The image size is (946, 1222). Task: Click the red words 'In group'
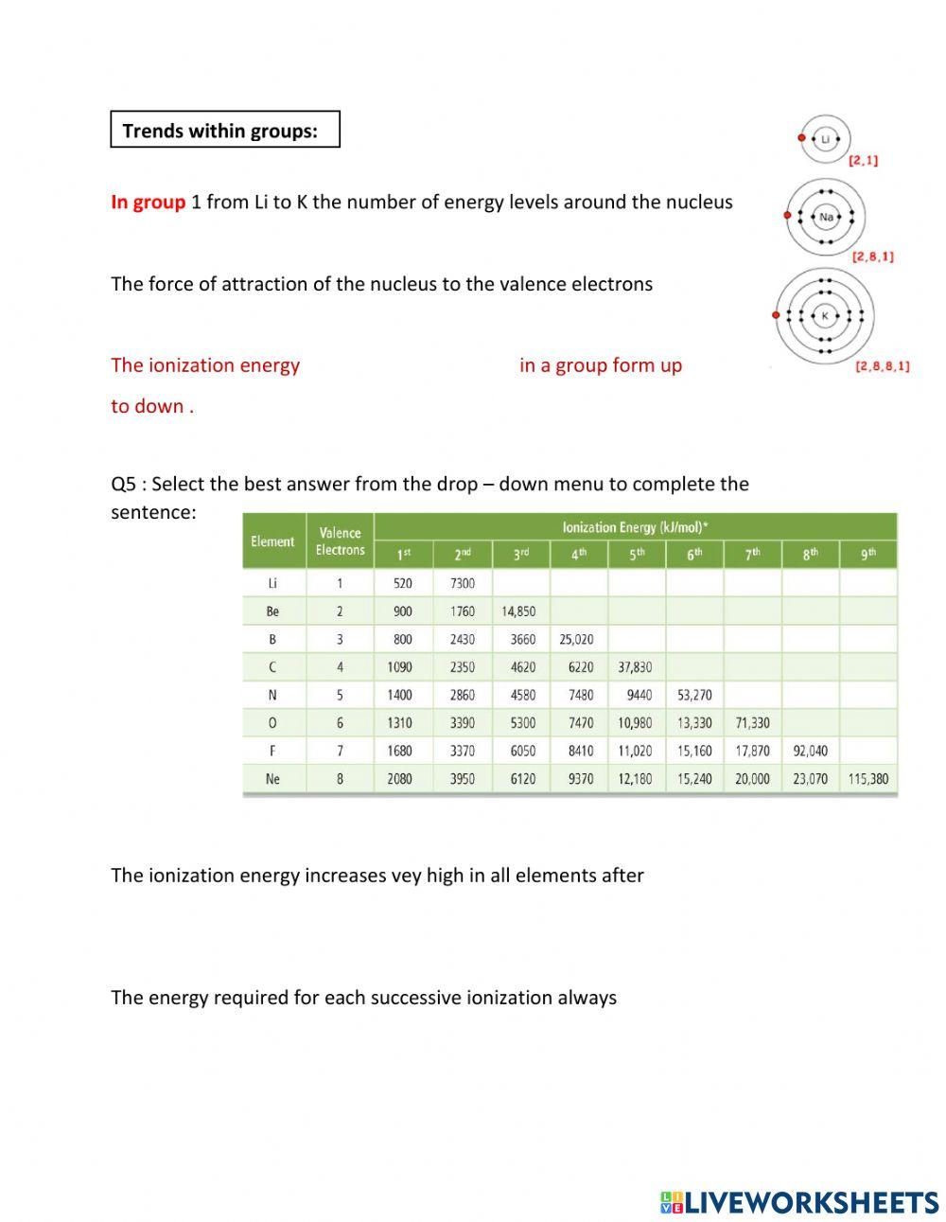click(148, 202)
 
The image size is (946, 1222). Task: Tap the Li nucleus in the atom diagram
click(825, 139)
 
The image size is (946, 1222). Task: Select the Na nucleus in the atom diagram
click(826, 217)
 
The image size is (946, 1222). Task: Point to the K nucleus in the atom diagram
click(824, 315)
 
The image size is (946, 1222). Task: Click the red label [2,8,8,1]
click(882, 366)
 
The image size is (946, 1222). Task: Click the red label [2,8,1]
click(872, 257)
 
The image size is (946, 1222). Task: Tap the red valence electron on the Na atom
click(786, 217)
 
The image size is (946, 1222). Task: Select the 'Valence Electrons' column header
click(340, 541)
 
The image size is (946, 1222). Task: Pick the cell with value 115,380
click(868, 779)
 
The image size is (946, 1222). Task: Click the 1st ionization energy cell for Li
click(403, 584)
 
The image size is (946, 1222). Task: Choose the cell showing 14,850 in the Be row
click(519, 611)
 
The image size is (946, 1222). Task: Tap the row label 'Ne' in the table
click(272, 779)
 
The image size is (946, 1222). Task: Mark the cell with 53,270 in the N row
click(694, 695)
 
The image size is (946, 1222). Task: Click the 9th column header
click(868, 555)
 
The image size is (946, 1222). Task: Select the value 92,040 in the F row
click(810, 751)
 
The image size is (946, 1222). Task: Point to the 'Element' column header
click(272, 541)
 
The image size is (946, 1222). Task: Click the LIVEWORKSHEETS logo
click(799, 1202)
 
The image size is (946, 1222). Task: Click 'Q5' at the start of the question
click(124, 484)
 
